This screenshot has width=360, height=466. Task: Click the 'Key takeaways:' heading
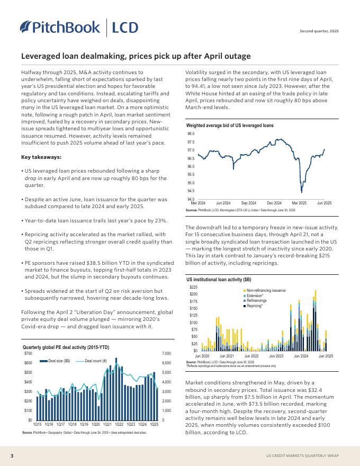pyautogui.click(x=41, y=157)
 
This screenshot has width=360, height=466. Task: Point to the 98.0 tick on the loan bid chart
pyautogui.click(x=191, y=134)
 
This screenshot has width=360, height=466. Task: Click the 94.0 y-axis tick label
pyautogui.click(x=191, y=199)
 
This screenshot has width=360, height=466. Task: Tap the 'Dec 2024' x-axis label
pyautogui.click(x=274, y=203)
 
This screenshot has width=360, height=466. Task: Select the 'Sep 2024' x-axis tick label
pyautogui.click(x=248, y=203)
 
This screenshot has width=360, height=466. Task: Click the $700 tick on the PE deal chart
pyautogui.click(x=28, y=353)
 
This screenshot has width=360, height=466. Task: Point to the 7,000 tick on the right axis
pyautogui.click(x=166, y=353)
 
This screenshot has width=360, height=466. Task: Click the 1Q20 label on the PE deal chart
pyautogui.click(x=95, y=425)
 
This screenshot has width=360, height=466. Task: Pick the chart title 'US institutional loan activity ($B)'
pyautogui.click(x=219, y=279)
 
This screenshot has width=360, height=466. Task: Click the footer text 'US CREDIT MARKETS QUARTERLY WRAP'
pyautogui.click(x=302, y=455)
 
